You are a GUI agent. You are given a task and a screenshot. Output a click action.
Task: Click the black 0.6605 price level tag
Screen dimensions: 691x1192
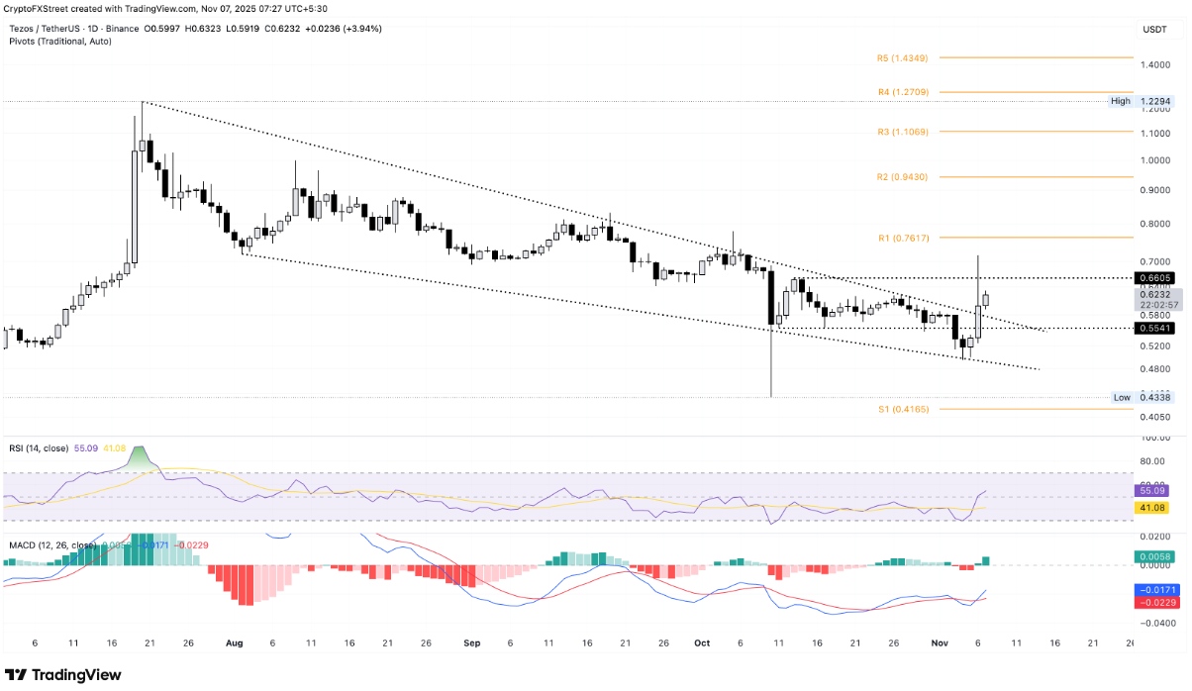click(1156, 279)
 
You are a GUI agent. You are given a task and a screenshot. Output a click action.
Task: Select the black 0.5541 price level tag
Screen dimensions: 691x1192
click(1156, 328)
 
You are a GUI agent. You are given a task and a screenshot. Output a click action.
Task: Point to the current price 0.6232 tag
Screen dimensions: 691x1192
click(1156, 294)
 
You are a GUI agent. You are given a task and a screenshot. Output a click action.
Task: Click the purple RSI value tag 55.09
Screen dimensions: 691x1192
click(1156, 491)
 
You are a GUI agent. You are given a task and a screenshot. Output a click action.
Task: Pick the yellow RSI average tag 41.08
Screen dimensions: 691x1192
click(1156, 507)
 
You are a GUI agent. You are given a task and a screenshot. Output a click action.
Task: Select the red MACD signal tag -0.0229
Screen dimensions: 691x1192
click(1156, 600)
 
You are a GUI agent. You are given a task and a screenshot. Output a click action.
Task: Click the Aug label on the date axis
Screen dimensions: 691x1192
click(234, 642)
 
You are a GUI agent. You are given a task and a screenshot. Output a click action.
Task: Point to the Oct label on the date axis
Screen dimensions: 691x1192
click(702, 642)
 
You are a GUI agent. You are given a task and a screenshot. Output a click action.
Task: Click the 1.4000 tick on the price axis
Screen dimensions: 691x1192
click(1155, 65)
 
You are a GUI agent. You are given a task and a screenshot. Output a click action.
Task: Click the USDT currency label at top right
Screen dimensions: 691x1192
click(1154, 30)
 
